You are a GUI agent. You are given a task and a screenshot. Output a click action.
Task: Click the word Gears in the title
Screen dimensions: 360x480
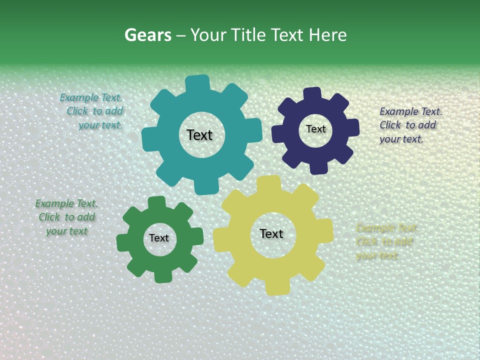tap(147, 35)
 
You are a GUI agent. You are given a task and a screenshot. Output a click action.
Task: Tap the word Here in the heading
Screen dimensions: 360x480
tap(327, 35)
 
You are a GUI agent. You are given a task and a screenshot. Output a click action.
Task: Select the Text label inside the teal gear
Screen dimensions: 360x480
tap(199, 135)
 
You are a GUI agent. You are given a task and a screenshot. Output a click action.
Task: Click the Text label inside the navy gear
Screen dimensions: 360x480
tap(315, 129)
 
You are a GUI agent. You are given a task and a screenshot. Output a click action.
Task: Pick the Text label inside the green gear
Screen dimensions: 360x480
tap(159, 238)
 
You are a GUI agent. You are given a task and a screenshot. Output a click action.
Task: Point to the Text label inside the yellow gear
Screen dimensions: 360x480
tap(271, 233)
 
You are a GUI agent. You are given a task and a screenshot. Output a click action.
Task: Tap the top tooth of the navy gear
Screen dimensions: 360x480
tap(311, 94)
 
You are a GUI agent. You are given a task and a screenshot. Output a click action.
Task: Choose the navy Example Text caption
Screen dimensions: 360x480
tap(410, 125)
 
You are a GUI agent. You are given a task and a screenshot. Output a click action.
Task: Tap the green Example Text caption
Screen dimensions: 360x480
tap(66, 217)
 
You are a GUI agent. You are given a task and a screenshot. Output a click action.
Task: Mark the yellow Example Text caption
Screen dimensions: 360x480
tap(385, 241)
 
